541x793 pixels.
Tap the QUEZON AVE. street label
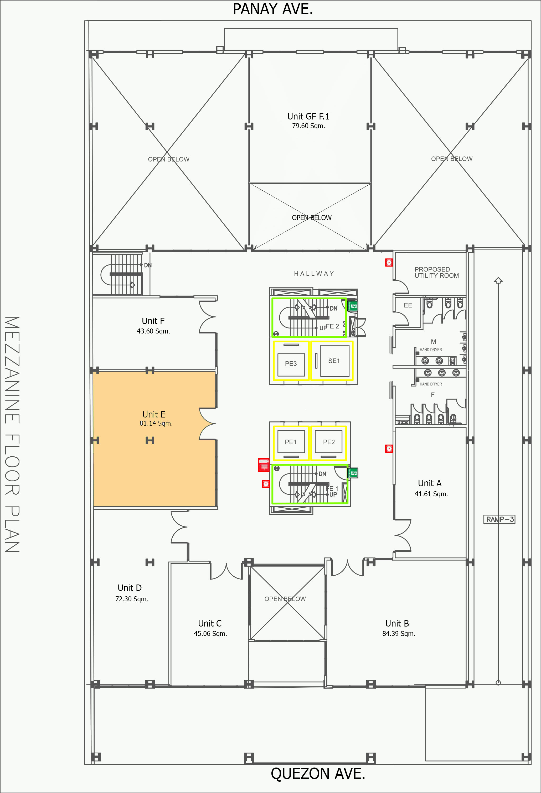pos(318,773)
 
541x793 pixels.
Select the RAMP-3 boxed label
pos(499,519)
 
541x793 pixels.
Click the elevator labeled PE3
pos(291,363)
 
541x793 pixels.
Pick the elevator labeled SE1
pos(334,361)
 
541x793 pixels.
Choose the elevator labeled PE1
pos(291,442)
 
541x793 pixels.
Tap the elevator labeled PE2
pos(329,442)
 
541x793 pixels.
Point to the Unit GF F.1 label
pos(308,116)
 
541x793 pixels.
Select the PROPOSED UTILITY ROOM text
pos(436,272)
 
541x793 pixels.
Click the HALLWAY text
pos(314,273)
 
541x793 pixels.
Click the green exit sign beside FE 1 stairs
pos(353,473)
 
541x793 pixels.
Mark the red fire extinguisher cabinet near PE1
pos(263,465)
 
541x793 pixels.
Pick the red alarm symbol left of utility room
pos(389,262)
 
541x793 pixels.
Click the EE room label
pos(408,305)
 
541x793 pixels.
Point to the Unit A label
pos(430,483)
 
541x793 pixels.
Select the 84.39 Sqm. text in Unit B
pos(399,633)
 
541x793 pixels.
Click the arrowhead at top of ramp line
pos(498,280)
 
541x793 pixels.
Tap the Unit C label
pos(210,623)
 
